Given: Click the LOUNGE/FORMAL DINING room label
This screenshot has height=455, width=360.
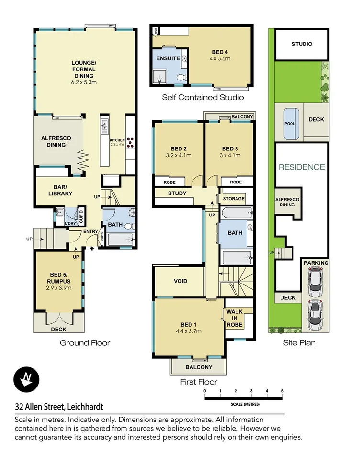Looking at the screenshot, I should point(84,69).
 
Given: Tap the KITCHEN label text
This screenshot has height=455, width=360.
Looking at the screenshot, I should point(117,140).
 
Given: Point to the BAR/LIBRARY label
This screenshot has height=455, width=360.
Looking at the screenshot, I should point(60,190).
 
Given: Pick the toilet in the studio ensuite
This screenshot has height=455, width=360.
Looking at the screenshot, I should point(180,77).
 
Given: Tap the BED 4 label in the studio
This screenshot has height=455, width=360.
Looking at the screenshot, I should point(220,52).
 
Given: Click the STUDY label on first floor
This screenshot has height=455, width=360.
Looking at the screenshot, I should point(177,194).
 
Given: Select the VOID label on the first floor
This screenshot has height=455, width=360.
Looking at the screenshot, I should point(180,281).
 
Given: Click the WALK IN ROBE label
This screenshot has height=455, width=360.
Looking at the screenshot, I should point(235,318).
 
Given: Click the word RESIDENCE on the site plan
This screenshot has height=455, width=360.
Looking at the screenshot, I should point(302,167).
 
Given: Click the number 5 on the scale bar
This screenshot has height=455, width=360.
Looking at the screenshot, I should point(282,391).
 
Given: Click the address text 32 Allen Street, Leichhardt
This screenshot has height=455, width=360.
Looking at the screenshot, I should point(59,407).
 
